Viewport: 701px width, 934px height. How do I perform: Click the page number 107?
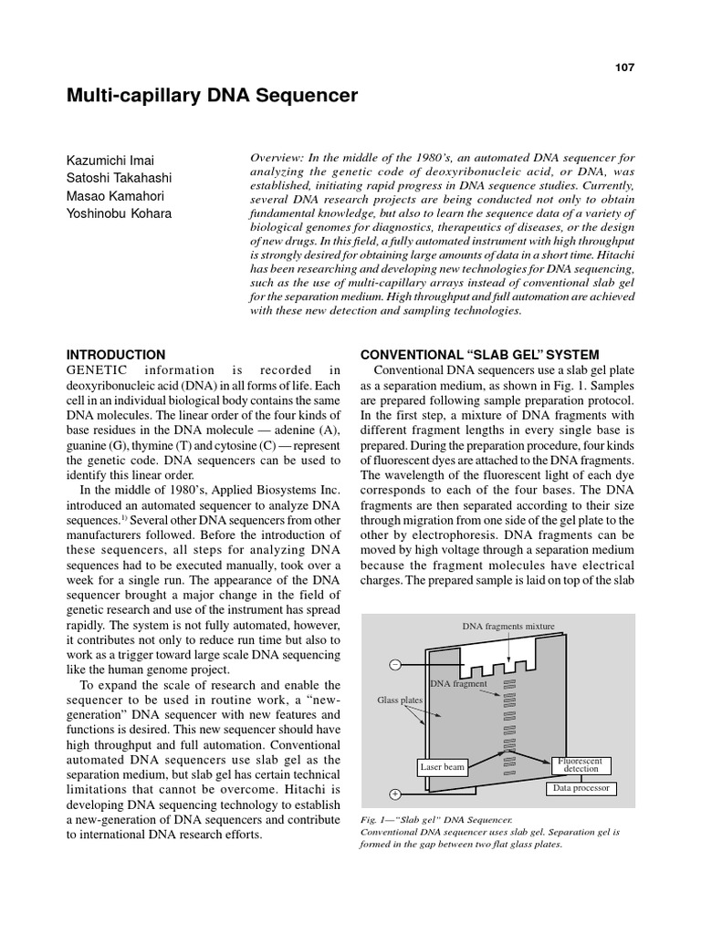pos(624,67)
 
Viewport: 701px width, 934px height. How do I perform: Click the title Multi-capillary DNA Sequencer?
pos(213,96)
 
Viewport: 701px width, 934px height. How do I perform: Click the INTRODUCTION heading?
pos(116,355)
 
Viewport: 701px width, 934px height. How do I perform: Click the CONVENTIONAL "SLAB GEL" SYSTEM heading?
pos(480,355)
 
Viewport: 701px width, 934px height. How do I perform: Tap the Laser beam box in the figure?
pos(443,767)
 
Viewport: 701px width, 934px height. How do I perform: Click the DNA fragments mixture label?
pos(508,627)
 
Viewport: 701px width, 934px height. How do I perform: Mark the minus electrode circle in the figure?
pos(395,664)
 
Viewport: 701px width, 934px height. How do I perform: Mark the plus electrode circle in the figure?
pos(395,794)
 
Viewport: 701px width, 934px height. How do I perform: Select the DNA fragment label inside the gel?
pos(458,682)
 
